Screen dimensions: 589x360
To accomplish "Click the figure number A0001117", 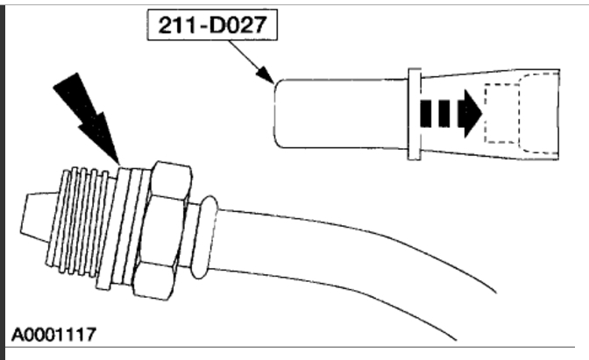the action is (x=54, y=334).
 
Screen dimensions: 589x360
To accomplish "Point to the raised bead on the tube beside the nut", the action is (x=202, y=233).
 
